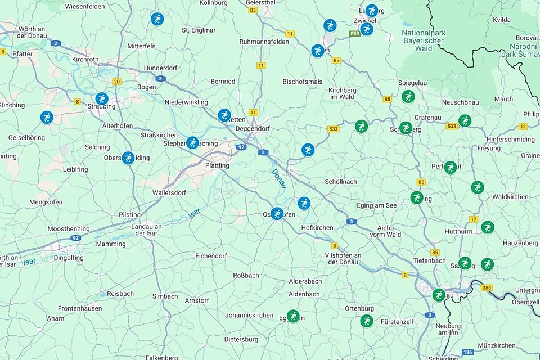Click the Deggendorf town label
click(x=253, y=128)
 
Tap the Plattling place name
click(x=217, y=166)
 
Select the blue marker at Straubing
click(x=101, y=99)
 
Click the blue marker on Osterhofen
click(x=277, y=214)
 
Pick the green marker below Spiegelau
click(x=408, y=96)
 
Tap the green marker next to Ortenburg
click(x=367, y=321)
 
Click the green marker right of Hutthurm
click(x=487, y=227)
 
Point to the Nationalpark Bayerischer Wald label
click(x=424, y=40)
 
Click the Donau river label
click(x=278, y=179)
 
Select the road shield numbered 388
click(x=487, y=287)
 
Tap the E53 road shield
click(x=354, y=34)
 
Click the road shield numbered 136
click(x=467, y=352)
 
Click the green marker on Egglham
click(x=292, y=316)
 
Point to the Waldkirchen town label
click(x=510, y=197)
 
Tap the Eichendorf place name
click(x=210, y=256)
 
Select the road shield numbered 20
click(x=116, y=82)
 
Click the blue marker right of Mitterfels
click(x=157, y=19)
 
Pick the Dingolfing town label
click(x=69, y=258)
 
